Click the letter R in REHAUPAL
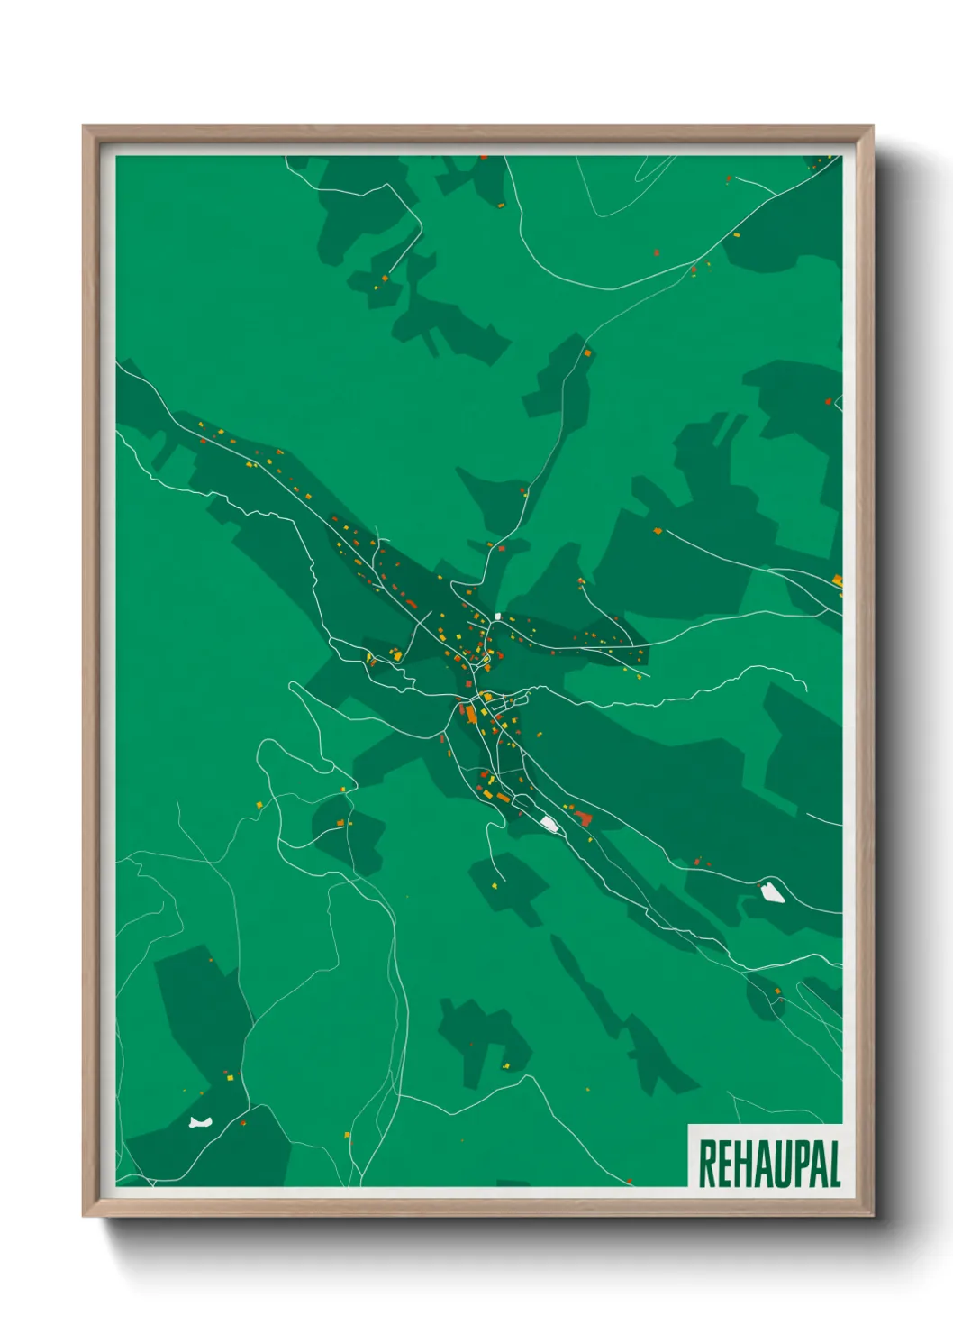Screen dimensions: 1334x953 pos(708,1164)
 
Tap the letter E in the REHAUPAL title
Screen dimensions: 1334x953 pos(727,1164)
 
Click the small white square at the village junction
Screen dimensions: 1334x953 pos(497,617)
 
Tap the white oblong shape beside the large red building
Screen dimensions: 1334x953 pos(549,822)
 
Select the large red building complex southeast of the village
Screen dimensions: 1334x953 pos(583,818)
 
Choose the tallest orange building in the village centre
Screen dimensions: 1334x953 pos(469,714)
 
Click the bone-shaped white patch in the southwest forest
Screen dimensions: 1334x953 pos(199,1122)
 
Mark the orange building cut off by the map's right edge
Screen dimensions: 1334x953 pos(837,580)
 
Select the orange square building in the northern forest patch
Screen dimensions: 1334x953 pos(587,354)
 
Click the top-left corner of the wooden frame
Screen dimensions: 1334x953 pos(84,127)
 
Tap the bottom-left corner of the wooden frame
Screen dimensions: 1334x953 pos(84,1216)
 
